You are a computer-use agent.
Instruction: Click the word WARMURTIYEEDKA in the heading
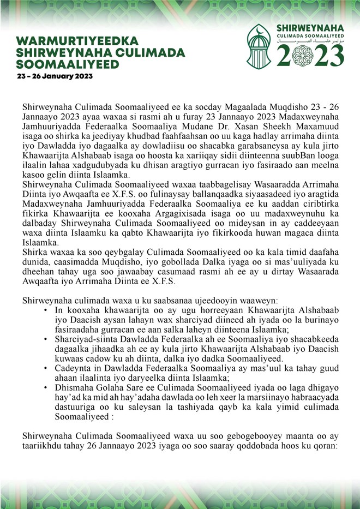tap(77, 41)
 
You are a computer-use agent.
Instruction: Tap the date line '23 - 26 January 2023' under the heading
tap(55, 76)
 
